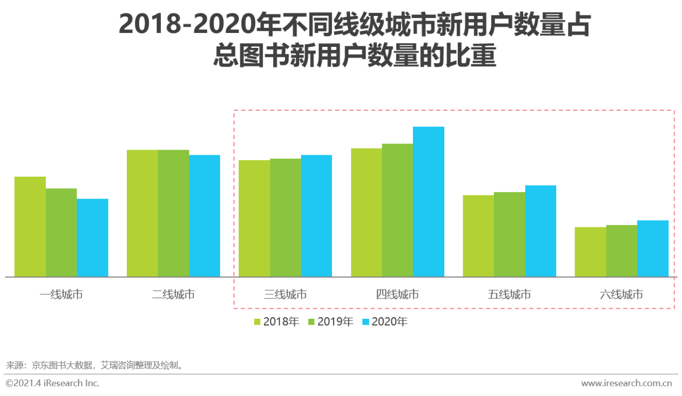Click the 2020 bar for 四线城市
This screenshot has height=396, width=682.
(428, 202)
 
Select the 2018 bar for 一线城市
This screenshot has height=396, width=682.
(30, 227)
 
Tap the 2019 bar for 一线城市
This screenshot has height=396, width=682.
(61, 233)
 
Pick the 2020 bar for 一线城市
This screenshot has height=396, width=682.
(92, 238)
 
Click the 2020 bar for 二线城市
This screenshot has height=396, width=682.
(205, 216)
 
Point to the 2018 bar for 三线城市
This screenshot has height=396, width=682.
(254, 218)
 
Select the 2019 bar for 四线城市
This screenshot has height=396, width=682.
(397, 210)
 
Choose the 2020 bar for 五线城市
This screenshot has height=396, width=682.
(540, 231)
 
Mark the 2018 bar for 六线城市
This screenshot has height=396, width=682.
(590, 252)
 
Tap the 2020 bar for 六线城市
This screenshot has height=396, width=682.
(653, 249)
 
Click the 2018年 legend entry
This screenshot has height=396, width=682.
(277, 321)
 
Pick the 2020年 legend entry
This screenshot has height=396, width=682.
(385, 321)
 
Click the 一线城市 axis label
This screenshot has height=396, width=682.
(61, 294)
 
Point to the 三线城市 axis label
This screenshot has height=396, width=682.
(285, 294)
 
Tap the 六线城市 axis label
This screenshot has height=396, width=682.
(621, 294)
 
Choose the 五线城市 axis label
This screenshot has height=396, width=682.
(509, 294)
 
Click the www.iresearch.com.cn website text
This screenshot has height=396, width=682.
(626, 383)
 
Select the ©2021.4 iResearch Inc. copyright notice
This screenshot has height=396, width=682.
(52, 383)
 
